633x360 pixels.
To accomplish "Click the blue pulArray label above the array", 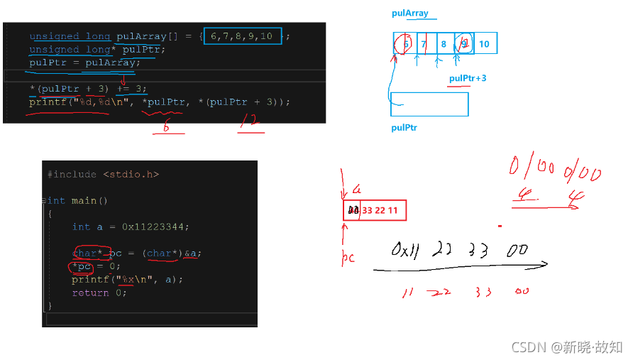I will coord(409,13).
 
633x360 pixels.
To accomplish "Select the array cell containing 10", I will coord(484,44).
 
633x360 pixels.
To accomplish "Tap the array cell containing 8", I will coord(444,44).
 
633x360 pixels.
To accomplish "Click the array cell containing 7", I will coord(423,44).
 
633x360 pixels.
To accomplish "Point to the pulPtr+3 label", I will coord(468,78).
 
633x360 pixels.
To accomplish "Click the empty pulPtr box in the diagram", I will coord(429,104).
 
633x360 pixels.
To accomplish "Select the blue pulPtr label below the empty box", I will coord(405,129).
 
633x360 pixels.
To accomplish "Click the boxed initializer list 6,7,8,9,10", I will coord(242,36).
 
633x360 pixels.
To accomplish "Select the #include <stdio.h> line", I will coord(103,174).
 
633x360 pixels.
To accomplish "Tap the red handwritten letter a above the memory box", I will coord(357,190).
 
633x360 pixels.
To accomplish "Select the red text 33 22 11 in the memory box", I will coord(382,210).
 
